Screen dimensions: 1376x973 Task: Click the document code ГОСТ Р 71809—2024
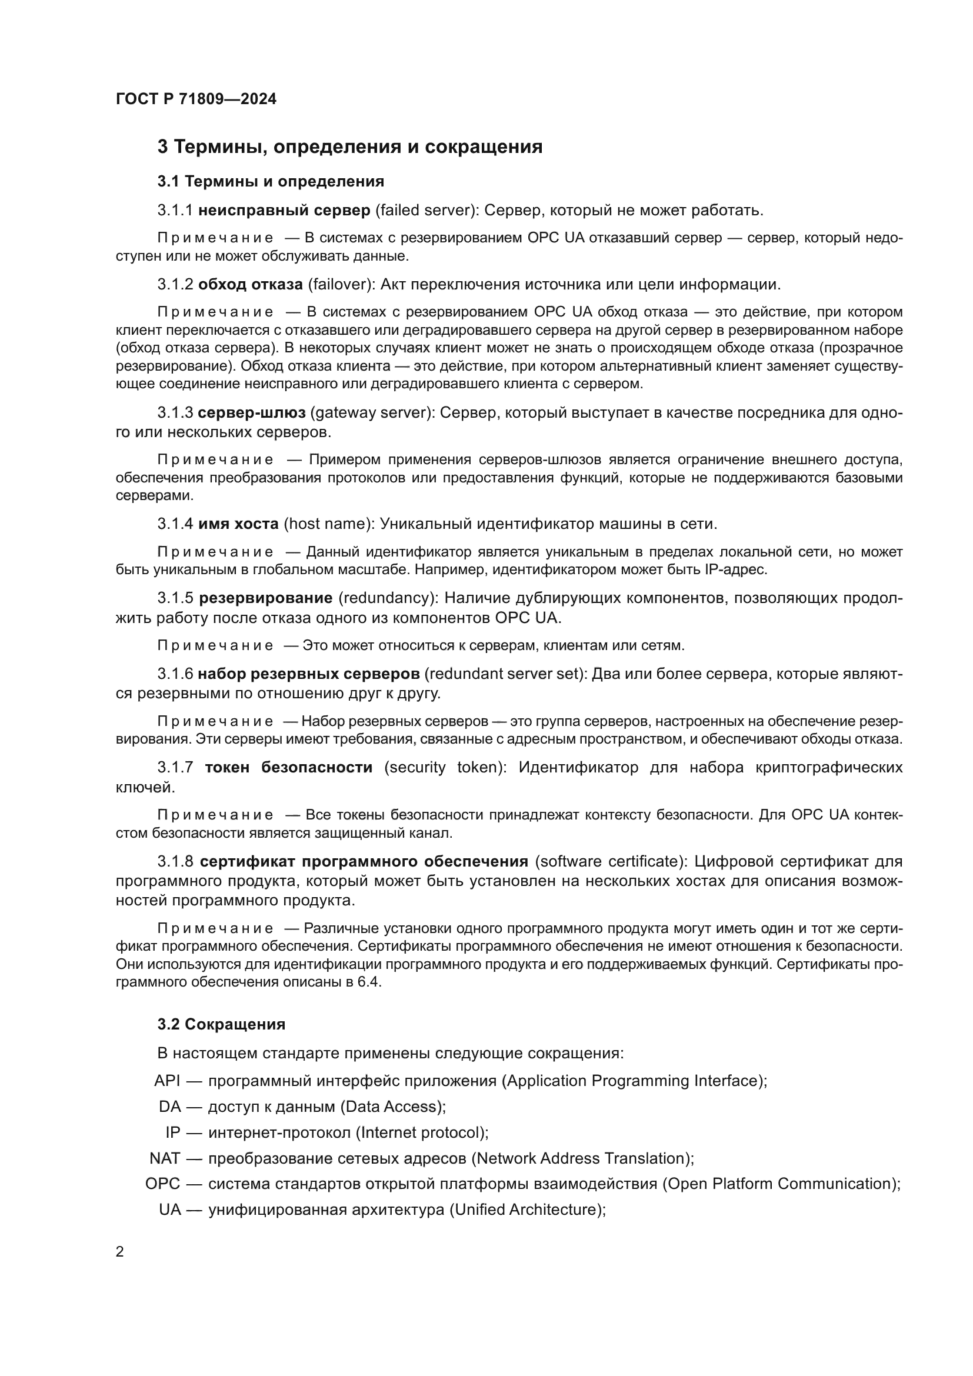[x=196, y=99]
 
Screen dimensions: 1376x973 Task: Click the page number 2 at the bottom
[x=120, y=1252]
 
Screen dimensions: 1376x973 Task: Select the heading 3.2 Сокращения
[x=221, y=1024]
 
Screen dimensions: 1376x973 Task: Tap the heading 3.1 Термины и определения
[x=271, y=181]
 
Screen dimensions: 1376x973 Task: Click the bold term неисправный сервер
[x=284, y=211]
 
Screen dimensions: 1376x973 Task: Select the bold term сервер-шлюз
[x=252, y=412]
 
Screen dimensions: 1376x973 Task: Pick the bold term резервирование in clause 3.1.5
[x=265, y=598]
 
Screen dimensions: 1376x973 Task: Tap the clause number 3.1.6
[x=175, y=674]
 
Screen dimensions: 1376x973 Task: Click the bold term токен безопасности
[x=288, y=767]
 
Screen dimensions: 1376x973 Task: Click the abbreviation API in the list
[x=167, y=1081]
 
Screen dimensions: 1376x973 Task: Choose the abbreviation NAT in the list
[x=165, y=1158]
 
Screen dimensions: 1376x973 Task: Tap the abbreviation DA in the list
[x=169, y=1107]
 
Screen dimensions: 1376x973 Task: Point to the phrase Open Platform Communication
[x=780, y=1184]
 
